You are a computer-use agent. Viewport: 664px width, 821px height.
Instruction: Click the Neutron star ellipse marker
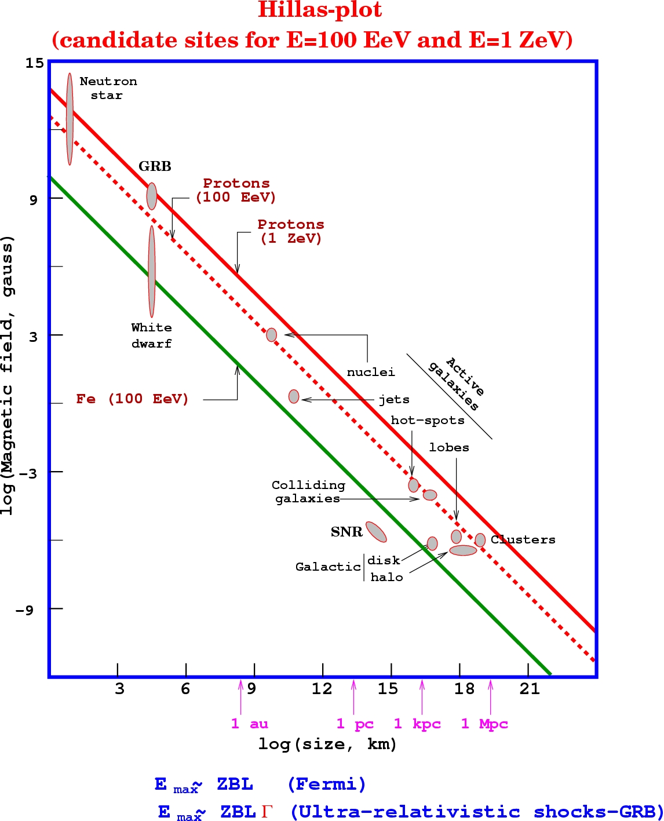coord(70,119)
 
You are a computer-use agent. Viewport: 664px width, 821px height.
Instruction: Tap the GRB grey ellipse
coord(151,196)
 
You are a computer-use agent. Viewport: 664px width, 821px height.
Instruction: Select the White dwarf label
coord(151,335)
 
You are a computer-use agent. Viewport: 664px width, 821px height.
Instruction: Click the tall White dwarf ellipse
coord(152,271)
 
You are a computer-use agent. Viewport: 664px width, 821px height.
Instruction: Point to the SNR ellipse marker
coord(376,532)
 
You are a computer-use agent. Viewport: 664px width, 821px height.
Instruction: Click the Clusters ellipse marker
coord(480,540)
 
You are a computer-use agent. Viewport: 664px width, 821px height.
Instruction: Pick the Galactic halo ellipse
coord(463,550)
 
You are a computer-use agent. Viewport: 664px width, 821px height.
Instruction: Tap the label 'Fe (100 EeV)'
coord(132,399)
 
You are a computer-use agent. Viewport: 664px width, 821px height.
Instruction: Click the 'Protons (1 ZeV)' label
coord(291,231)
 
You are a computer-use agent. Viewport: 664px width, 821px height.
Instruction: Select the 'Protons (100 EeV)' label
coord(236,190)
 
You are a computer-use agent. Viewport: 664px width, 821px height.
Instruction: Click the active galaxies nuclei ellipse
coord(271,335)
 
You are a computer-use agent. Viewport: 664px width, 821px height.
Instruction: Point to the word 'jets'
coord(394,400)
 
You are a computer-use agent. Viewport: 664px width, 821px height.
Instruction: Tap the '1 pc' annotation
coord(355,724)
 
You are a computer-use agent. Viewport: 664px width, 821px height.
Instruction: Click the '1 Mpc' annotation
coord(484,724)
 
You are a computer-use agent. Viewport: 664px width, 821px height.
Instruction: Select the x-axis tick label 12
coord(322,689)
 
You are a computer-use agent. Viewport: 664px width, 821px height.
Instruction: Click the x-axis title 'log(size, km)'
coord(327,744)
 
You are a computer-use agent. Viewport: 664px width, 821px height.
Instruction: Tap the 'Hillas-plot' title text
coord(320,10)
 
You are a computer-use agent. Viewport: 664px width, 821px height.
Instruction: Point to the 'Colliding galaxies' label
coord(308,492)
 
